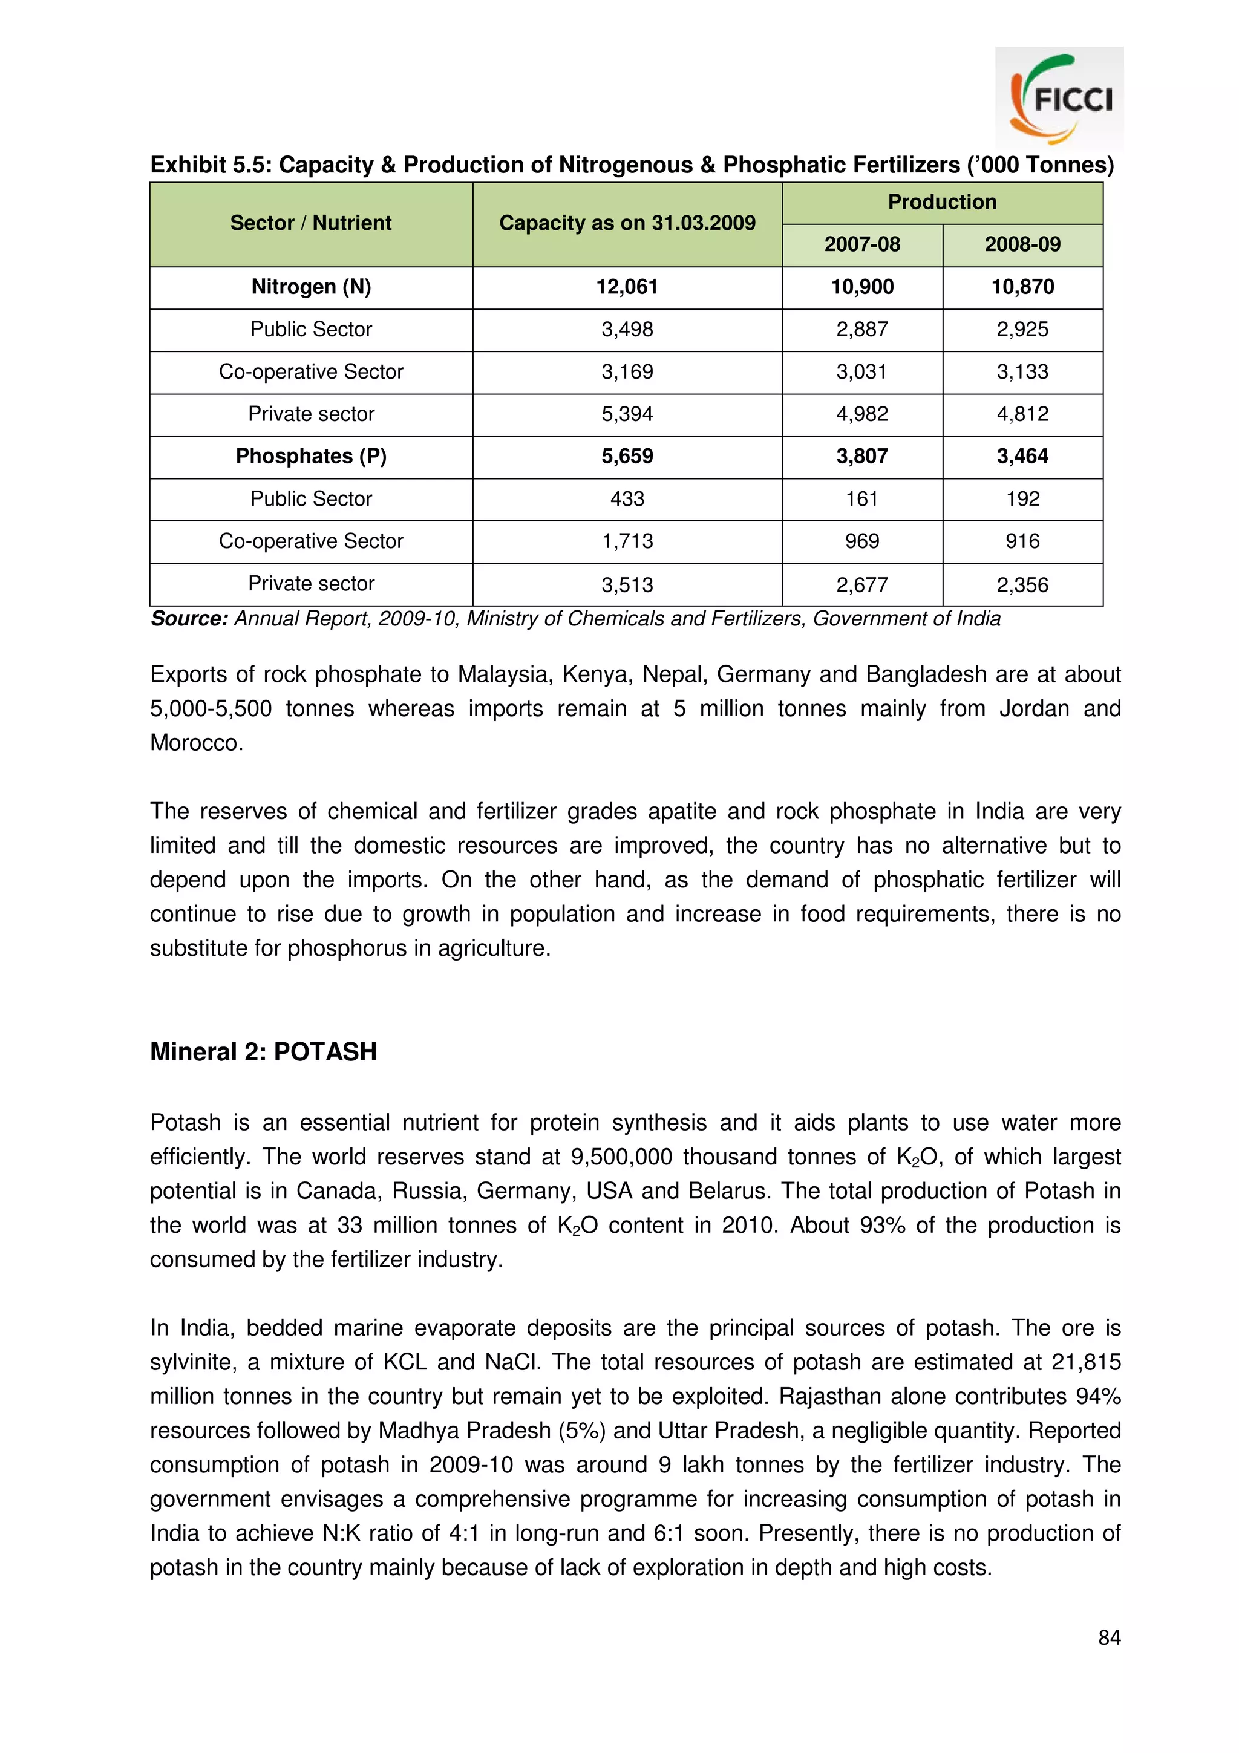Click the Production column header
[x=941, y=202]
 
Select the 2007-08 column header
[x=862, y=244]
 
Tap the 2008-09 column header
[x=1022, y=244]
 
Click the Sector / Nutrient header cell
[x=311, y=223]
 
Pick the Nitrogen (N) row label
[x=311, y=287]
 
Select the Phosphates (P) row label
[x=311, y=457]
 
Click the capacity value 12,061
[x=627, y=287]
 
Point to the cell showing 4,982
[x=862, y=414]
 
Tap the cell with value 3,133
[x=1022, y=372]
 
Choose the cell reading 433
[x=627, y=498]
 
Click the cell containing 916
[x=1022, y=541]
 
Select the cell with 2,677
[x=862, y=585]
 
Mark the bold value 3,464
[x=1022, y=457]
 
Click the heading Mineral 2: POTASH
[x=263, y=1051]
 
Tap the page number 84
[x=1108, y=1637]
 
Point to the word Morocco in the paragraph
[x=195, y=743]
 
